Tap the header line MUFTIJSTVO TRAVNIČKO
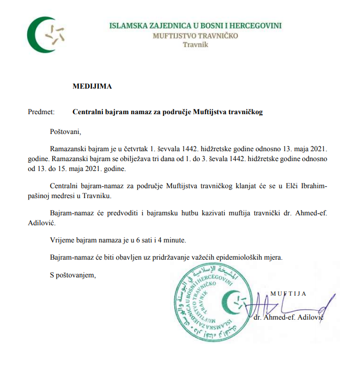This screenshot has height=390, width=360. (195, 35)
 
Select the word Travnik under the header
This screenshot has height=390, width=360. (195, 45)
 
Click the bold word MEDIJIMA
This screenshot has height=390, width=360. (92, 87)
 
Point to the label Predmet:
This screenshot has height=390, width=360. (41, 112)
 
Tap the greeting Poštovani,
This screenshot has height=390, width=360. (66, 131)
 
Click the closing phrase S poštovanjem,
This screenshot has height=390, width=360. (73, 275)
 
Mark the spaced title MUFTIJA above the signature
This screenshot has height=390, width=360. (289, 294)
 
